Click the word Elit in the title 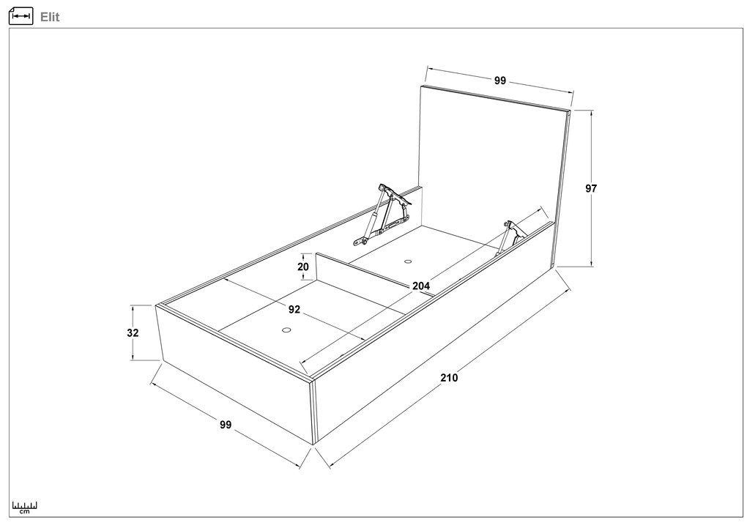pos(50,17)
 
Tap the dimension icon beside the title pos(21,16)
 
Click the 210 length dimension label pos(449,378)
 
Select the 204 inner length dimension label pos(421,286)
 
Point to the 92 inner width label pos(294,310)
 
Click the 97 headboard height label pos(591,189)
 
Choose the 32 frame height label pos(133,332)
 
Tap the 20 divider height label pos(303,267)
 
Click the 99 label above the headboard pos(499,81)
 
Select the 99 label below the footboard pos(226,424)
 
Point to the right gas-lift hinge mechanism pos(510,237)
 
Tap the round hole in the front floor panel pos(286,330)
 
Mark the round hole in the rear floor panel pos(408,261)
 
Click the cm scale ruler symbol pos(25,507)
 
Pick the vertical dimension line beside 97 pos(592,189)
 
